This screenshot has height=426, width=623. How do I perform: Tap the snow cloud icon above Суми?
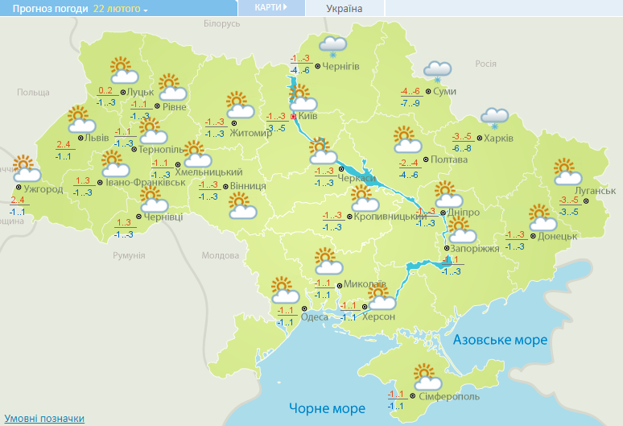coord(437,71)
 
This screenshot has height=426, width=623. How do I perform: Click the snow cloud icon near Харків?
coord(494,118)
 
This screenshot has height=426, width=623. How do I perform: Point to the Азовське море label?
coord(500,340)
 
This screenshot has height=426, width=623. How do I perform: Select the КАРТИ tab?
coord(270,7)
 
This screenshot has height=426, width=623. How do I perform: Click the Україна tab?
coord(345,9)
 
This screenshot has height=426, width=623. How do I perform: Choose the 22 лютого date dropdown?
coord(121,9)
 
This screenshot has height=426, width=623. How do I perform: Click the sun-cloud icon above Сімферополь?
coord(426,377)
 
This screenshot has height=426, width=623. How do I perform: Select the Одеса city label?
coord(314,316)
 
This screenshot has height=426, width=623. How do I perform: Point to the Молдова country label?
coord(221,255)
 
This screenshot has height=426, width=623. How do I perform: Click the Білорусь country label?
coord(222,24)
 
